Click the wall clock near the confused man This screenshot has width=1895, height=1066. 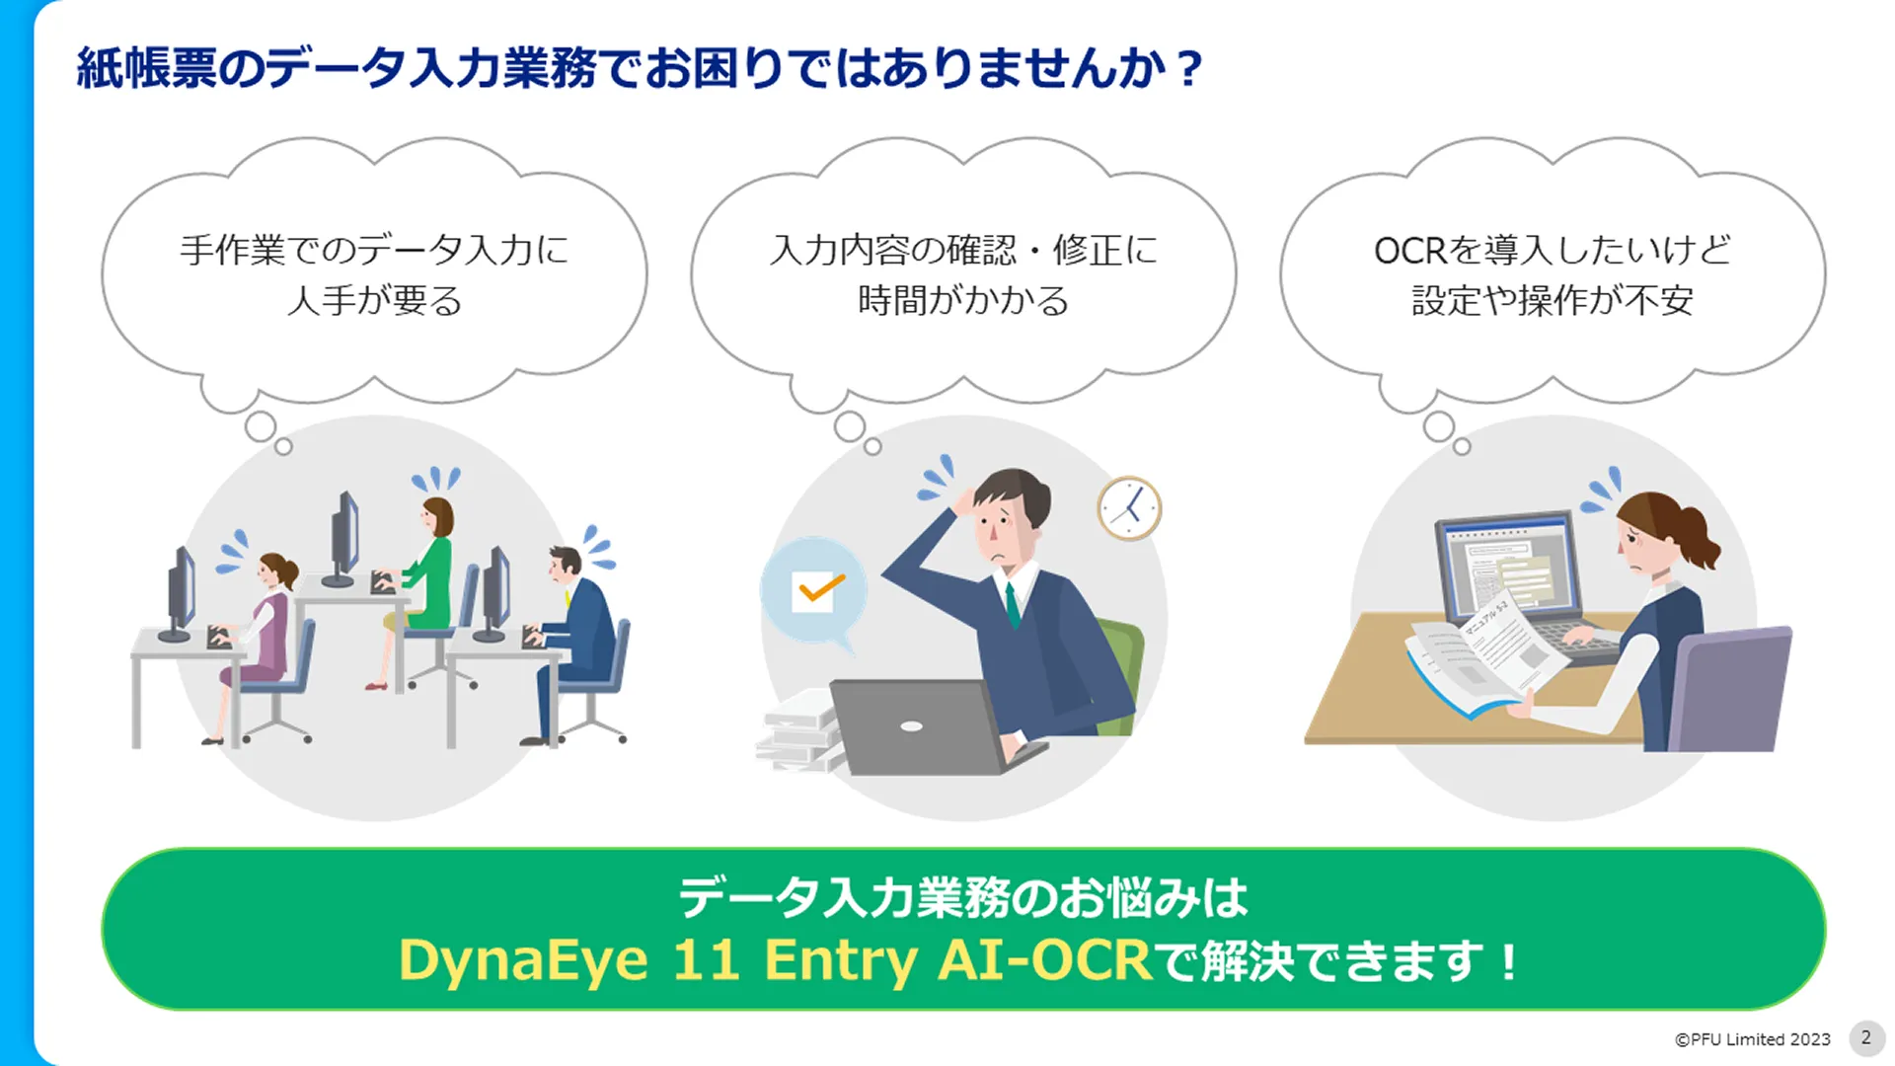point(1129,508)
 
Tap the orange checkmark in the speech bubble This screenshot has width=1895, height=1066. point(821,589)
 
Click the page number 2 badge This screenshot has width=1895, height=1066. point(1865,1037)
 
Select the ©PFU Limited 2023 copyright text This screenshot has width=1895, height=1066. point(1752,1039)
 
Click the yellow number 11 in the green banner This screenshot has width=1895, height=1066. point(706,959)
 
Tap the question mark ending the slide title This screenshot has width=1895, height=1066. point(1189,69)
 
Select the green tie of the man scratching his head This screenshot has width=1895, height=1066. point(1012,604)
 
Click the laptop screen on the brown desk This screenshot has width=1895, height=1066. point(1507,568)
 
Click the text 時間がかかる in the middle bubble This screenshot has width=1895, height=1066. point(963,300)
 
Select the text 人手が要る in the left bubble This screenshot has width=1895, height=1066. point(374,300)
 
